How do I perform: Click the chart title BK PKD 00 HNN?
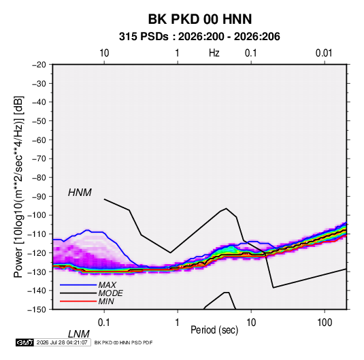tap(200, 19)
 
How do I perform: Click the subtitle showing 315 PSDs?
tap(199, 37)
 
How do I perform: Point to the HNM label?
tap(80, 193)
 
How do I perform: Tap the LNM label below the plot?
tap(78, 334)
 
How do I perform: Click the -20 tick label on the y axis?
tap(39, 65)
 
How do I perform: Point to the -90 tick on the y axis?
tap(39, 196)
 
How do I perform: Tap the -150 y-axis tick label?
tap(37, 310)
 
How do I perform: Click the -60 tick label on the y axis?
tap(39, 140)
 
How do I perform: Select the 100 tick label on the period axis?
tap(325, 322)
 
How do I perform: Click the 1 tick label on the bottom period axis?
tap(178, 322)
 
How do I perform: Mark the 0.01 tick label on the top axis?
tap(324, 53)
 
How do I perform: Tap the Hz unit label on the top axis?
tap(214, 53)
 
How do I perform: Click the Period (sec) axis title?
tap(214, 330)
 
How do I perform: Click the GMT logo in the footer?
tap(24, 342)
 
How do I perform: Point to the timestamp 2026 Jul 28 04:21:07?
tap(62, 342)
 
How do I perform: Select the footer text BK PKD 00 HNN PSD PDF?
tap(124, 342)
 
